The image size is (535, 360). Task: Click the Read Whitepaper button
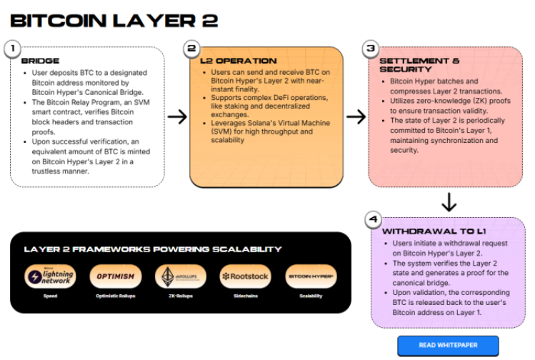point(448,345)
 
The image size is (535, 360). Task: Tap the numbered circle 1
point(11,49)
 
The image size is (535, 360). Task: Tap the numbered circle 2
point(191,49)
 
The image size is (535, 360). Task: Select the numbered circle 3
point(369,49)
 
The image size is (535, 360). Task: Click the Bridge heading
point(41,61)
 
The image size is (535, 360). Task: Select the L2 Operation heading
point(238,61)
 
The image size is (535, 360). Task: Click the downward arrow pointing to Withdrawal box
point(449,204)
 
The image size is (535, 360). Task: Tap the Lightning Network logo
point(50,276)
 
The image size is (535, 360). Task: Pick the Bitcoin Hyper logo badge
point(311,276)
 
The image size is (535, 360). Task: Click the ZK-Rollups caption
point(180,296)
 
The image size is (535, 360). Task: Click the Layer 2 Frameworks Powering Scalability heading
point(152,249)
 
